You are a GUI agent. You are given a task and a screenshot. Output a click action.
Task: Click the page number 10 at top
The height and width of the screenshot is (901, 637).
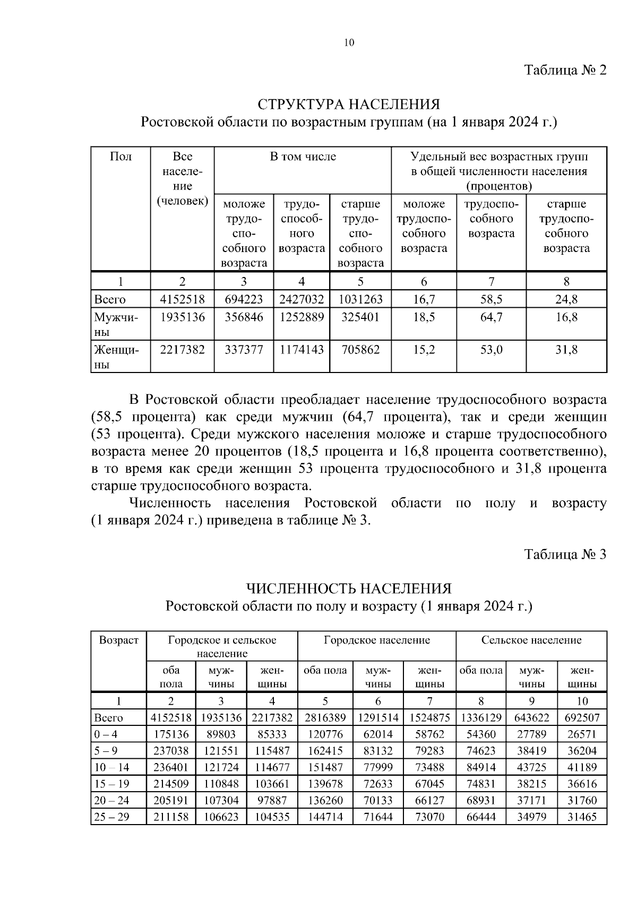tap(349, 43)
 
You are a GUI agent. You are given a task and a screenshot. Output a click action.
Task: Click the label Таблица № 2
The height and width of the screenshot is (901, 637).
tap(565, 71)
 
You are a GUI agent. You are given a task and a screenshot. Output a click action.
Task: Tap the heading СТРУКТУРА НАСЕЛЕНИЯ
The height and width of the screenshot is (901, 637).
tap(349, 103)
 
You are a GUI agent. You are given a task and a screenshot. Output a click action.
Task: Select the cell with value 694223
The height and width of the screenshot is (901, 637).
tap(244, 300)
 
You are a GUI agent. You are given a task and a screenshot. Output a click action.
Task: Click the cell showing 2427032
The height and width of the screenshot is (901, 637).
tap(302, 300)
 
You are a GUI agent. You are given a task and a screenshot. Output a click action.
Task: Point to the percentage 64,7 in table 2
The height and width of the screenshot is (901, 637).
tap(491, 318)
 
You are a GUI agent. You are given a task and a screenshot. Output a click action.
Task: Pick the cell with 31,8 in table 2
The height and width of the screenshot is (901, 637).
tap(566, 350)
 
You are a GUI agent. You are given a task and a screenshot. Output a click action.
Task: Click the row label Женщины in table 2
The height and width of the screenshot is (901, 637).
tap(117, 357)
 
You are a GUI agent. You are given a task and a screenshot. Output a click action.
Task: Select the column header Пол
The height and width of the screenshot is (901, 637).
tap(120, 157)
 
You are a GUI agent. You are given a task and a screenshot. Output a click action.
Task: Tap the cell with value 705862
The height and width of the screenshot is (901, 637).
tap(360, 350)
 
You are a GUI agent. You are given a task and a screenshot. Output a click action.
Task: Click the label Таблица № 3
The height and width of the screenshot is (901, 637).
tap(565, 555)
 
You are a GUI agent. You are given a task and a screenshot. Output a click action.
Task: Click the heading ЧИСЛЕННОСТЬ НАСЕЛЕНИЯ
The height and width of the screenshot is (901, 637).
tap(349, 588)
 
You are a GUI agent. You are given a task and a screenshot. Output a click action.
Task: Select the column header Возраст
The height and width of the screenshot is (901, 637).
tap(118, 640)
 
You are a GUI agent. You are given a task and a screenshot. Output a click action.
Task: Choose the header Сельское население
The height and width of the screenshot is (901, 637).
tap(531, 640)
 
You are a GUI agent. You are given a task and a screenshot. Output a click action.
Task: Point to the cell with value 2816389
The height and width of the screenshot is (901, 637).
tap(325, 718)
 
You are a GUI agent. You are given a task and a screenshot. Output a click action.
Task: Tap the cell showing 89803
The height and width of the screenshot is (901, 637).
tap(221, 734)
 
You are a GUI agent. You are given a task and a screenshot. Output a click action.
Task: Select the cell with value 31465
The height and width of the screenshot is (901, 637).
tap(582, 817)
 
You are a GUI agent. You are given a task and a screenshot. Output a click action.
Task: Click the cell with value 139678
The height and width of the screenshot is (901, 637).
tap(325, 784)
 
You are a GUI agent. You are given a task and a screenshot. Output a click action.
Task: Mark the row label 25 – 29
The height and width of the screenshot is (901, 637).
tap(111, 817)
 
